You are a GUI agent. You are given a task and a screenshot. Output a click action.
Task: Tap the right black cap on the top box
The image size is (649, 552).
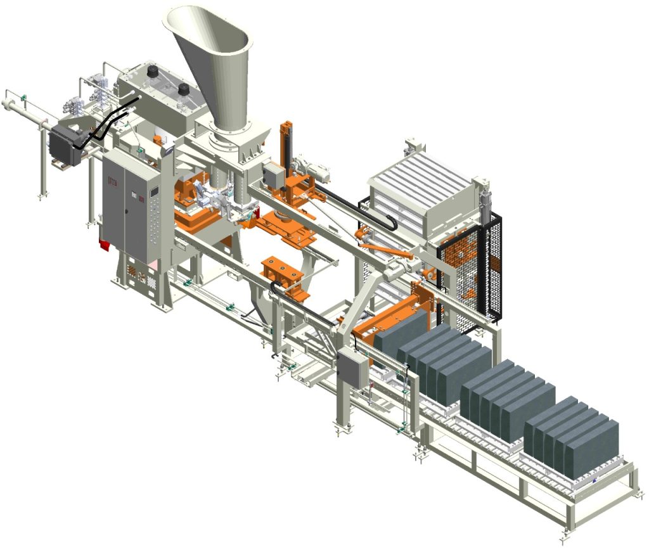coord(184,90)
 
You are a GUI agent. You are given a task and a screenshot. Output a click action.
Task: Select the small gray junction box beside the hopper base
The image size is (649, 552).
coord(273,176)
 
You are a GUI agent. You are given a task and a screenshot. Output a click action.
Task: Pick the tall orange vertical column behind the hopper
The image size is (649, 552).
coord(285,146)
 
